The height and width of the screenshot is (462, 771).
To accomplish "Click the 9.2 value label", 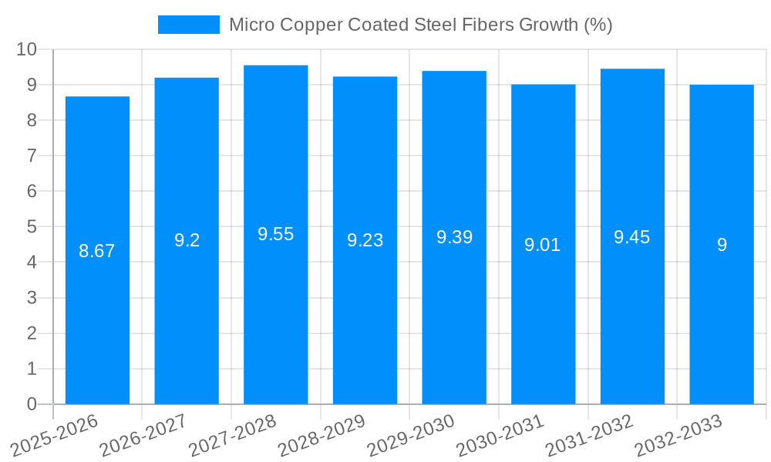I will pos(187,240).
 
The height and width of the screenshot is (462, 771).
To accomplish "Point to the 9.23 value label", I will pos(365,240).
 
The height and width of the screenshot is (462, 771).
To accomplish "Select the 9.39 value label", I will pos(454,237).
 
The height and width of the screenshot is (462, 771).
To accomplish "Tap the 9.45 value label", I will pos(632,237).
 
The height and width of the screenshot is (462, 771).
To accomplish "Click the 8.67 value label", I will pos(97,251).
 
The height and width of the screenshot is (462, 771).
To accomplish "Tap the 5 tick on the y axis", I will pos(32,227).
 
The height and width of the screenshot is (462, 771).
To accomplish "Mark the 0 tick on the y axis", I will pos(32,404).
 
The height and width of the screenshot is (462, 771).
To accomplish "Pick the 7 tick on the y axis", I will pos(32,156).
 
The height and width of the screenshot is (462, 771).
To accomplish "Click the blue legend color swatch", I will pos(189,25).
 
